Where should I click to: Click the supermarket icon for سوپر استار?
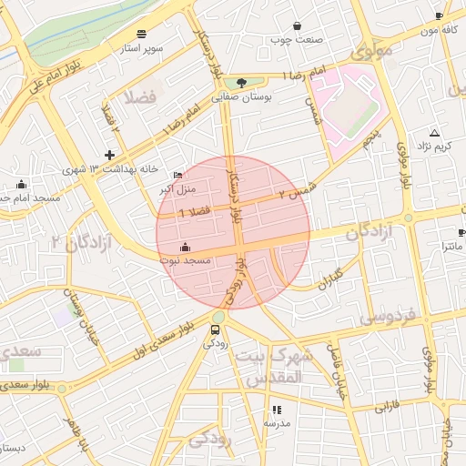[x=141, y=34]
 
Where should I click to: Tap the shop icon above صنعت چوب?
[x=298, y=25]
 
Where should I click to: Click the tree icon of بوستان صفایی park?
[x=240, y=83]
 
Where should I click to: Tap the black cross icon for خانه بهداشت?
[x=110, y=155]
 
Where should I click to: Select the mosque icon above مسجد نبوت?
[x=186, y=247]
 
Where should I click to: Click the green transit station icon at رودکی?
[x=217, y=329]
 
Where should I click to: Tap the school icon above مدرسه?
[x=277, y=410]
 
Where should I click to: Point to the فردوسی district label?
[x=387, y=317]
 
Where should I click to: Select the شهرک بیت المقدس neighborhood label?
[x=273, y=366]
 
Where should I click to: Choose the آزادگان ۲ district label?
[x=81, y=242]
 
